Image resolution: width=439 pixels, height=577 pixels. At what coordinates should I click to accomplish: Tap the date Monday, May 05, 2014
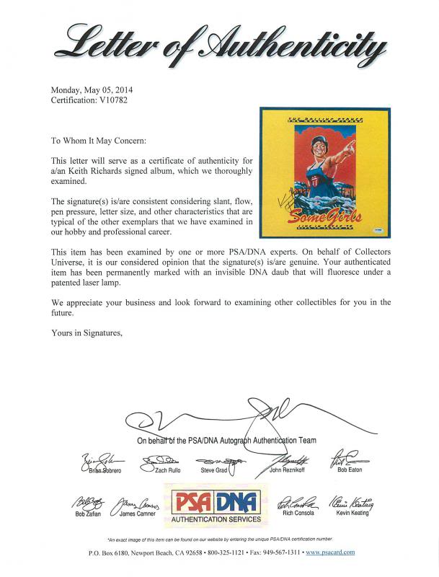[x=92, y=90]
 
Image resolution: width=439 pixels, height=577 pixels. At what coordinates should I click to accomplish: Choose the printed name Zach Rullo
[x=161, y=470]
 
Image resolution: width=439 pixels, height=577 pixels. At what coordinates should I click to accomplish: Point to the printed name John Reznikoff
[x=288, y=470]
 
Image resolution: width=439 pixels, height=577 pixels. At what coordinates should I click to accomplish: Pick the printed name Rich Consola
[x=296, y=514]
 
